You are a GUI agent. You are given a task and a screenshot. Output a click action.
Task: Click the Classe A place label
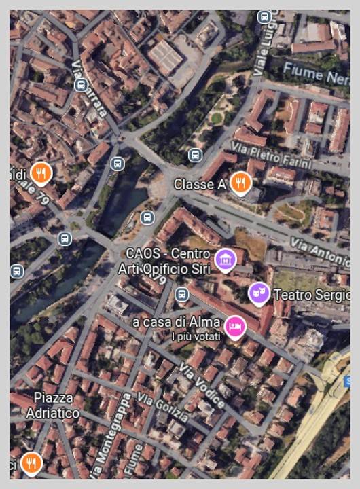point(199,185)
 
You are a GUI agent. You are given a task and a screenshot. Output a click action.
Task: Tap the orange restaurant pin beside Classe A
point(240,182)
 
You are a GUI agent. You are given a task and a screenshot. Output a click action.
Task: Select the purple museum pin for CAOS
point(224,259)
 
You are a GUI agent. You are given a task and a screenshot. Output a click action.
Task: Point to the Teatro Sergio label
point(311,295)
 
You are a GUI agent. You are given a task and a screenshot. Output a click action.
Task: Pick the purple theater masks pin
point(258,293)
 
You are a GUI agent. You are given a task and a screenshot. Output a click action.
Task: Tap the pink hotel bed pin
point(234,327)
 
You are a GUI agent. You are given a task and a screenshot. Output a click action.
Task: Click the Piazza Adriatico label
point(53,405)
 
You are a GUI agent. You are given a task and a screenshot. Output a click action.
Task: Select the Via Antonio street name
point(319,251)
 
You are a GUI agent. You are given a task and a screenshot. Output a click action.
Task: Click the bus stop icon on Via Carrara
point(82,85)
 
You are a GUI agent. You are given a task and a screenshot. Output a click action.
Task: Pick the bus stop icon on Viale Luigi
point(264,17)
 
